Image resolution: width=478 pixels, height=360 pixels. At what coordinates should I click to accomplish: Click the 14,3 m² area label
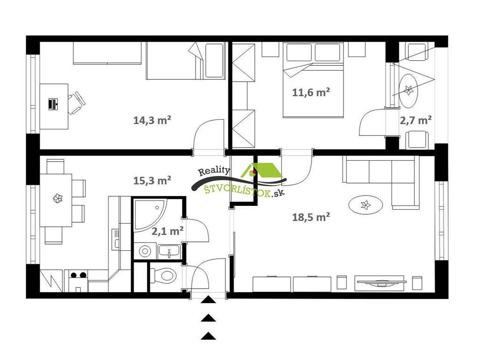[152, 120]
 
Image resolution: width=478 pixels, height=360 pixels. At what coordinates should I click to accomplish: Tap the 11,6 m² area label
[311, 92]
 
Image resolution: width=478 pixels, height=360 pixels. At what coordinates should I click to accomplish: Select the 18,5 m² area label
[311, 217]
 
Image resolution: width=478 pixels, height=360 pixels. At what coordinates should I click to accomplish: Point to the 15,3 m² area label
[152, 180]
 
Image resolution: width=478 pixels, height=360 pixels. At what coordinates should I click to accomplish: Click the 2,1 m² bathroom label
[168, 231]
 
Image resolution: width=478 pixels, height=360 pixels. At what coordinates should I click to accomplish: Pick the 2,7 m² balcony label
[415, 120]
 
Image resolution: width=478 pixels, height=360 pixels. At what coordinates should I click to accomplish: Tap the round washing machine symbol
[145, 251]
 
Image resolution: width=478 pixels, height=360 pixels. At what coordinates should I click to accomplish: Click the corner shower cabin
[149, 215]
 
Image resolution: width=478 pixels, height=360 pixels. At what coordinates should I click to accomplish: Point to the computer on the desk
[53, 104]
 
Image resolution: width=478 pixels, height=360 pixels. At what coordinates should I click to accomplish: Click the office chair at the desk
[76, 103]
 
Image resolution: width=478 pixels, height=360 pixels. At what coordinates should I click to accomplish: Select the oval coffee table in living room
[366, 205]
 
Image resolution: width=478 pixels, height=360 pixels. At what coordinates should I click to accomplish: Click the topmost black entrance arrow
[208, 300]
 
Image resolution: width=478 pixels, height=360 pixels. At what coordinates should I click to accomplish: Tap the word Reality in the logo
[214, 171]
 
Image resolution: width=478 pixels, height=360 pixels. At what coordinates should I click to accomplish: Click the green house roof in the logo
[263, 170]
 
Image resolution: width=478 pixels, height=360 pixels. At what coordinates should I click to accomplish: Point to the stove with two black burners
[78, 281]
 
